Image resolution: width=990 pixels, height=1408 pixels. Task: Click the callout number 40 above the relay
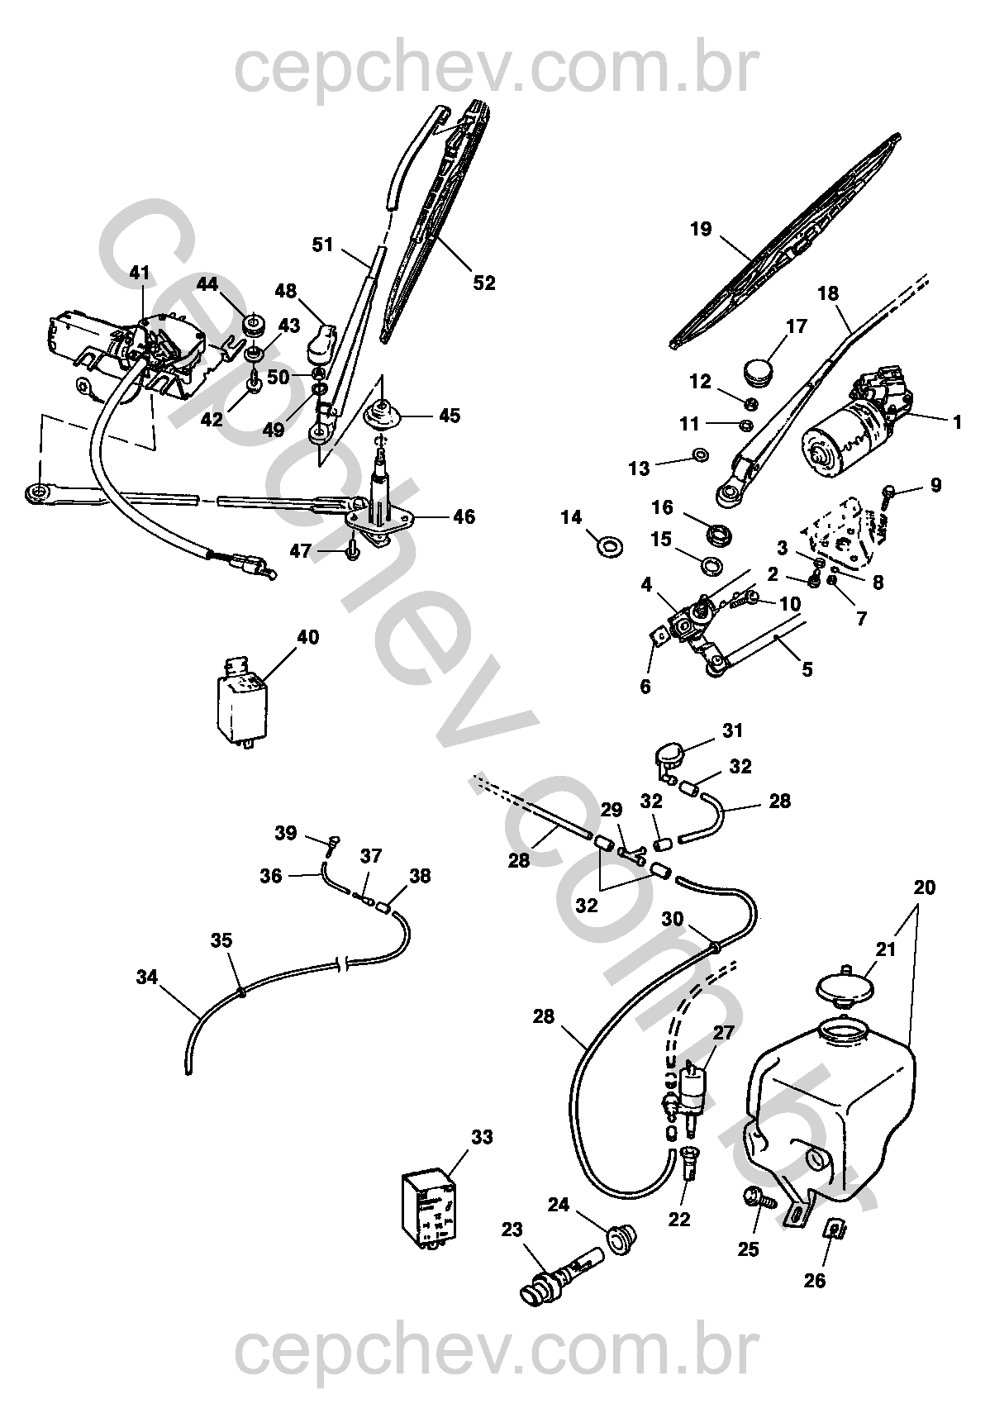click(x=308, y=637)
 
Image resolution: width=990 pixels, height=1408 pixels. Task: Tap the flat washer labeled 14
click(x=609, y=546)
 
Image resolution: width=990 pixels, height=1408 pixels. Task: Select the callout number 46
click(x=464, y=516)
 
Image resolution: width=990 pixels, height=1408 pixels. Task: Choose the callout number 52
click(x=484, y=283)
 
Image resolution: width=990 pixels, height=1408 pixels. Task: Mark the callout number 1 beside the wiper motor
click(x=957, y=421)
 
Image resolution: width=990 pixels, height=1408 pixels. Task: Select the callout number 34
click(x=147, y=978)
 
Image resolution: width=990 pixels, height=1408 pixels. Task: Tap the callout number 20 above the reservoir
click(x=924, y=887)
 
